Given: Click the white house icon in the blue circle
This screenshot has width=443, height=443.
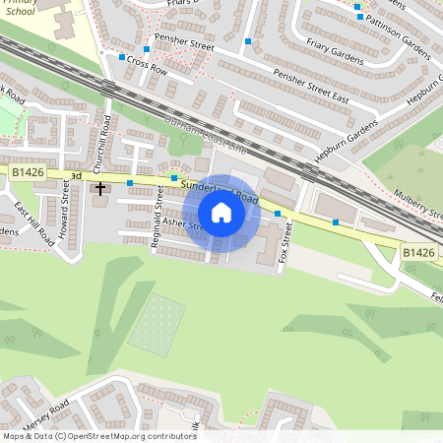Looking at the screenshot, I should click(x=221, y=213).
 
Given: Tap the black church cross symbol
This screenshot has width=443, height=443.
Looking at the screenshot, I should click(x=99, y=187).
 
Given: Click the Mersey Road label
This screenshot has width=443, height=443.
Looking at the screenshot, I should click(x=45, y=412).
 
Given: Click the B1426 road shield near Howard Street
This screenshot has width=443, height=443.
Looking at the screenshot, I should click(x=27, y=171).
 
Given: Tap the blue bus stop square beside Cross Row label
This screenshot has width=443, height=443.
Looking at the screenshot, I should click(x=122, y=58).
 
